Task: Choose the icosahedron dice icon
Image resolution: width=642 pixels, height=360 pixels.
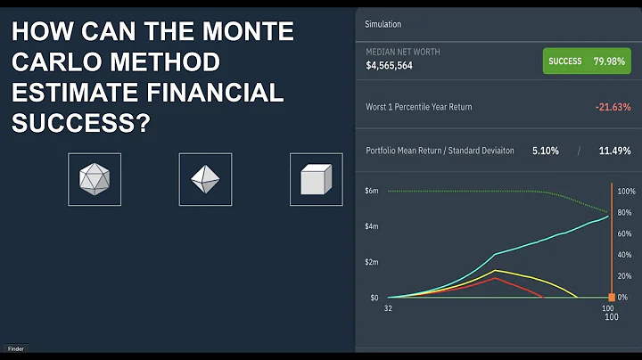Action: point(94,179)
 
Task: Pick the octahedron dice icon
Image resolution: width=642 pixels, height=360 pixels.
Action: point(204,179)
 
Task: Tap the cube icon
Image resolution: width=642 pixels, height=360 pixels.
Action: point(315,179)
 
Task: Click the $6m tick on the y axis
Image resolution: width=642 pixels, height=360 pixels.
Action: point(372,191)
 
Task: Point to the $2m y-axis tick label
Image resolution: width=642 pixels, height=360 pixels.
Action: point(372,262)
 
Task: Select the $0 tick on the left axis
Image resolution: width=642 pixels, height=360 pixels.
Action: point(374,297)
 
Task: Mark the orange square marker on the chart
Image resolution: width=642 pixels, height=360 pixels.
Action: point(612,297)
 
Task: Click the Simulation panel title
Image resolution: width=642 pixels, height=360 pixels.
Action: point(383,24)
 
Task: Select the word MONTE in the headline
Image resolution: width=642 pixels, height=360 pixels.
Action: point(242,32)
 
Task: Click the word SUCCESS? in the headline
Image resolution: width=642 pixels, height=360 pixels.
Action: point(80,122)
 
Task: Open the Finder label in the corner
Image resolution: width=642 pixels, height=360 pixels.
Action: point(16,348)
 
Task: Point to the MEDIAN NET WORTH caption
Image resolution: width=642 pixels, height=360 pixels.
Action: point(403,52)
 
